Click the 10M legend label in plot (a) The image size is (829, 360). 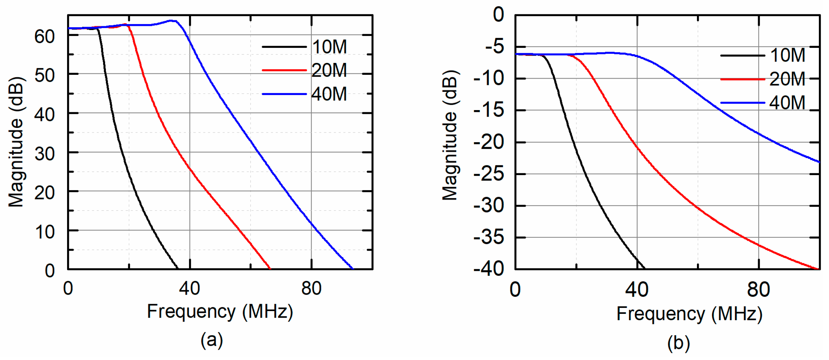329,47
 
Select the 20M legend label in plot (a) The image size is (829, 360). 329,70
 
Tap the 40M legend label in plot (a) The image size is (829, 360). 329,94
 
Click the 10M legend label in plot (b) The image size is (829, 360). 787,56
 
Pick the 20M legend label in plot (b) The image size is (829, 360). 787,79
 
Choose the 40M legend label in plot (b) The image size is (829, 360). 787,103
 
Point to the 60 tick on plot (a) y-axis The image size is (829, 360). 45,36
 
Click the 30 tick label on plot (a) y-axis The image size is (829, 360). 45,154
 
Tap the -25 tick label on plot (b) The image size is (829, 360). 489,174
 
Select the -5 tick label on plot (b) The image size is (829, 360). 494,47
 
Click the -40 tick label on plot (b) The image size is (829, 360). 489,269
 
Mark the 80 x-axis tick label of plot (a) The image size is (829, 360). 311,289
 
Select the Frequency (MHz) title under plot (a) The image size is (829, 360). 220,311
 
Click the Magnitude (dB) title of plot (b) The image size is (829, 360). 450,136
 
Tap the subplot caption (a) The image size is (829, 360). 211,340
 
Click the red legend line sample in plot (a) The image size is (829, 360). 284,71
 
